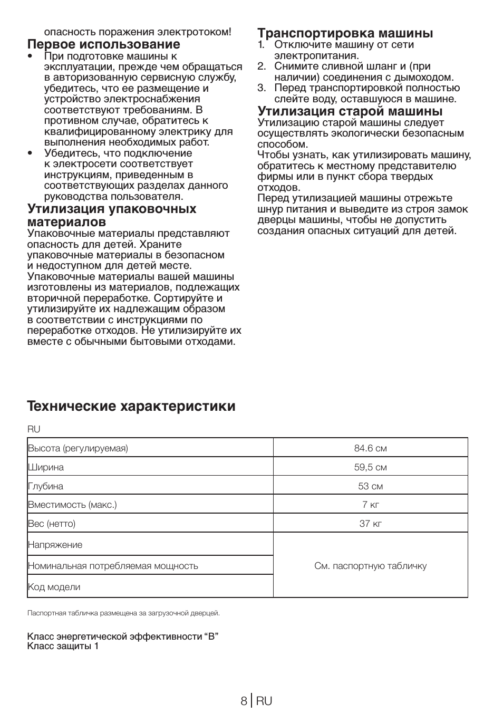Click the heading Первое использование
(103, 44)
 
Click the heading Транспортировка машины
(345, 33)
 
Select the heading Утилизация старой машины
(350, 111)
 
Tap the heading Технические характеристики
(131, 406)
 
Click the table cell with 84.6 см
(370, 448)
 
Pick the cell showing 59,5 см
(370, 467)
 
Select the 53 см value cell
(370, 486)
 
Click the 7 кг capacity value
(370, 505)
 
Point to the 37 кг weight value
(370, 524)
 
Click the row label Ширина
(46, 467)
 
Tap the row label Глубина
(46, 486)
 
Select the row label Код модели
(54, 587)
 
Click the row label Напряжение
(55, 545)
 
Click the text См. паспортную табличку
(370, 566)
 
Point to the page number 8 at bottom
(244, 701)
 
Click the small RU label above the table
(34, 429)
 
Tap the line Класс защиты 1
(63, 646)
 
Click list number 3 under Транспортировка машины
(262, 88)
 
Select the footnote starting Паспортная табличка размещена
(123, 613)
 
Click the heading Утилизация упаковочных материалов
(112, 215)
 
